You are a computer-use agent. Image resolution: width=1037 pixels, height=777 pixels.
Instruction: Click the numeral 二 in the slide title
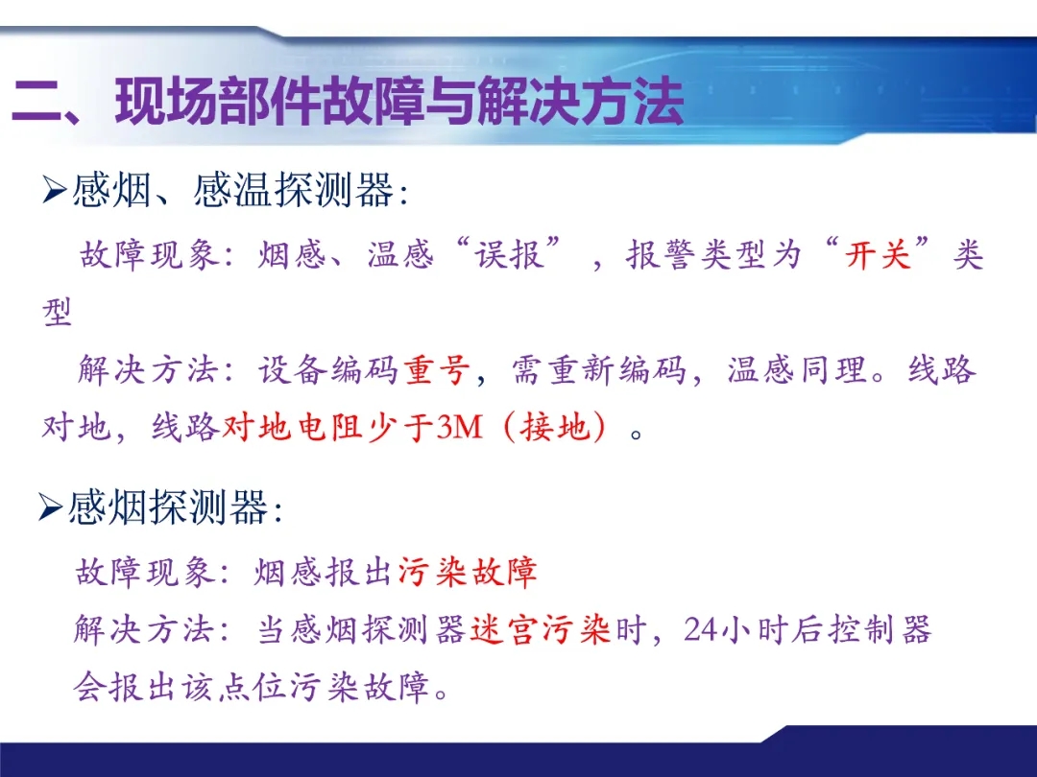(x=37, y=101)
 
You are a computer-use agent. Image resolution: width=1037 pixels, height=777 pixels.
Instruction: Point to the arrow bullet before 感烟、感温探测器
(x=54, y=190)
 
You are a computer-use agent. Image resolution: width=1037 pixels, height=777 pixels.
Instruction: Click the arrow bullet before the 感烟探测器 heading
(x=50, y=507)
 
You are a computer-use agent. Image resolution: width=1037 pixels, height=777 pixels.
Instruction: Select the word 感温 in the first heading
(x=232, y=190)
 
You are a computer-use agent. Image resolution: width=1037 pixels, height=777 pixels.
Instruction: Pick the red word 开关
(x=878, y=254)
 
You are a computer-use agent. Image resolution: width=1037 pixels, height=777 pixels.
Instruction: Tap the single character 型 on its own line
(x=58, y=311)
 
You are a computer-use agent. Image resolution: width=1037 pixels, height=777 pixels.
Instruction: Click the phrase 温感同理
(x=798, y=369)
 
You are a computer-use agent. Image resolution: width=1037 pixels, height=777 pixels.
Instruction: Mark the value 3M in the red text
(x=460, y=427)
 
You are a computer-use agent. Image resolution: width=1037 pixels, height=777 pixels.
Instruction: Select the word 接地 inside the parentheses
(x=555, y=427)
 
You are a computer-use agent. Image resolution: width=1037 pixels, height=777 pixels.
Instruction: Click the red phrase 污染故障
(x=468, y=572)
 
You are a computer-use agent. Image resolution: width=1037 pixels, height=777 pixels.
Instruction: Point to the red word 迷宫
(x=505, y=629)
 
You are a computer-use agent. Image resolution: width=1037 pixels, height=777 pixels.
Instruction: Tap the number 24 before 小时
(x=701, y=629)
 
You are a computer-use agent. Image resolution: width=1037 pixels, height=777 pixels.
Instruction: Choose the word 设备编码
(x=327, y=369)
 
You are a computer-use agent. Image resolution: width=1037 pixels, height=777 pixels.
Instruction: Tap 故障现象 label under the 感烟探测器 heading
(x=146, y=572)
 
